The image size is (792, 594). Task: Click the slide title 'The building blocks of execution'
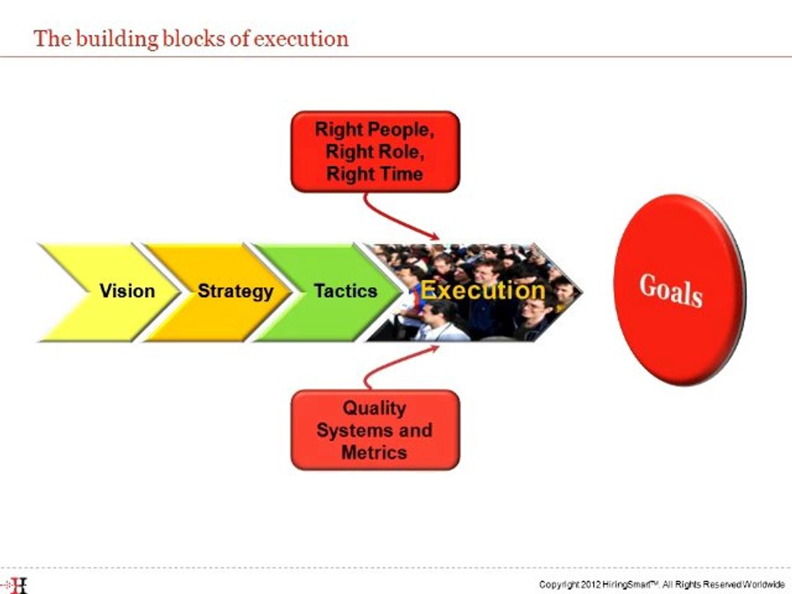coord(191,39)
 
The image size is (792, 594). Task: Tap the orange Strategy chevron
coord(223,291)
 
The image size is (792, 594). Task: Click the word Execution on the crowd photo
coord(483,290)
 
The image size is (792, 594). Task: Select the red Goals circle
coord(678,290)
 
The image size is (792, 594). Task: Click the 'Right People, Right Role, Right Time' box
coord(375,152)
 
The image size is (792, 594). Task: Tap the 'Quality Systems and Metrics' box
coord(375,430)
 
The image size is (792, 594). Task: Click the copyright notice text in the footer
coord(661,584)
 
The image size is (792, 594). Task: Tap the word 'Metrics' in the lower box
coord(374,452)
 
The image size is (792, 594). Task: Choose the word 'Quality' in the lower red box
coord(375,408)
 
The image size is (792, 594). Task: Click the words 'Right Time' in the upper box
coord(375,174)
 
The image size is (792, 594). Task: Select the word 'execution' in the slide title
coord(301,39)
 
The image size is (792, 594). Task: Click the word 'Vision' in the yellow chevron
coord(126,291)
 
